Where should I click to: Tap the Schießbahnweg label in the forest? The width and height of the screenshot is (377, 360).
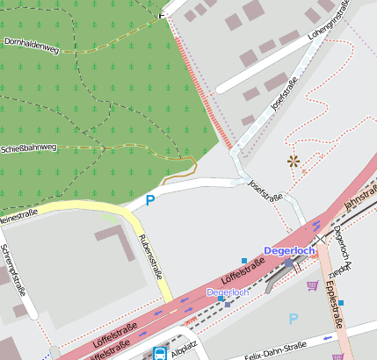[28, 148]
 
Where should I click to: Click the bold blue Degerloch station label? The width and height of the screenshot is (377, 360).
[288, 251]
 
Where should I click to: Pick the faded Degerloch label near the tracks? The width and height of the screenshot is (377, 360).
[228, 292]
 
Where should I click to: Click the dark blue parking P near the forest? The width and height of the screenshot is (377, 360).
[149, 200]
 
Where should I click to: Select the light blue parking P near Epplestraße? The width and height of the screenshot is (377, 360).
[293, 319]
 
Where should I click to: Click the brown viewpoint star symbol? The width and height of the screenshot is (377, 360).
[293, 161]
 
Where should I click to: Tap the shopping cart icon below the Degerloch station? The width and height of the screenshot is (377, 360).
[312, 285]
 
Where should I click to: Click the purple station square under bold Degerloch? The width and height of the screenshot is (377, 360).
[288, 263]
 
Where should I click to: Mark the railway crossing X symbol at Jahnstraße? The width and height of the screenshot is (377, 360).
[321, 238]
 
